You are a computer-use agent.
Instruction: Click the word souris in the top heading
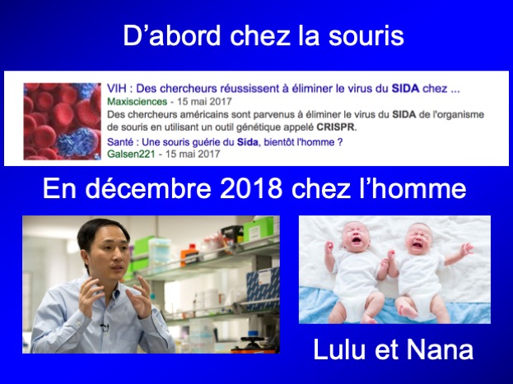366,35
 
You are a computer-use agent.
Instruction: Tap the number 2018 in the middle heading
251,188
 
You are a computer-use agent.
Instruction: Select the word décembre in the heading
148,188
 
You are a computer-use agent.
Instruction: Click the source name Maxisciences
137,102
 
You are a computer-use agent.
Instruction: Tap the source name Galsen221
131,154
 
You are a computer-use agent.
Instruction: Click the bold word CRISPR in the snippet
335,127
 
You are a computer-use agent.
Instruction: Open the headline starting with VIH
283,88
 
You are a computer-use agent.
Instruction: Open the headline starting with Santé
225,142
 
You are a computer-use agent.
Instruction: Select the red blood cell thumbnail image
62,121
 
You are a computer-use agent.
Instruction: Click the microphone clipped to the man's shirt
104,326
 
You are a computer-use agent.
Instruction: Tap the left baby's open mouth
357,240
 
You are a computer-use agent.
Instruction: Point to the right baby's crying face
417,238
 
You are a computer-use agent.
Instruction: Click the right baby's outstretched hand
467,249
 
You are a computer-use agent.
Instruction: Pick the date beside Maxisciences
204,102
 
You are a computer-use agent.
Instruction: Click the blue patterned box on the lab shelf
263,285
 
